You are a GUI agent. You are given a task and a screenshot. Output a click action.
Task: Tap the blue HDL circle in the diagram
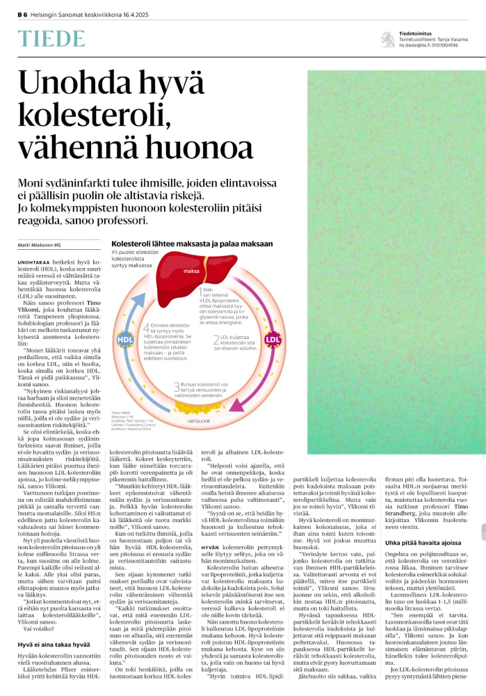(x=126, y=339)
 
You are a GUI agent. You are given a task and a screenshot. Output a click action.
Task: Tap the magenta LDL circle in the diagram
(x=273, y=339)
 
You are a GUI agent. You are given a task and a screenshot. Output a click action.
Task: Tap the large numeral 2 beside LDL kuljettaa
(x=216, y=340)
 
